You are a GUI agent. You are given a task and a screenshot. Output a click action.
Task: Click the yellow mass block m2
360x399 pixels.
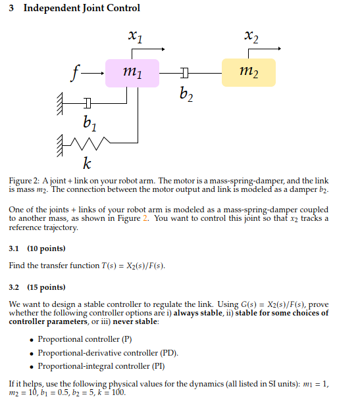tap(248, 72)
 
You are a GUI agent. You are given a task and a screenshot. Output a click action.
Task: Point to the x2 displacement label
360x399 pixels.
tap(251, 37)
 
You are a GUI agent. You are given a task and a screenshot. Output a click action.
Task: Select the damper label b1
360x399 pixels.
tap(90, 122)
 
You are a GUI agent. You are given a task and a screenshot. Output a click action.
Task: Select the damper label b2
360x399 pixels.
tap(186, 97)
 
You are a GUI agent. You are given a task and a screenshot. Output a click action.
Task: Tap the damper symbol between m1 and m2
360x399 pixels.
tap(185, 72)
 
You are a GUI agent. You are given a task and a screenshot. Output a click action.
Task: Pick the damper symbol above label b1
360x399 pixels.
tap(88, 102)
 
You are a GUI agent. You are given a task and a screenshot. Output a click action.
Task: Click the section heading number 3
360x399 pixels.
tap(13, 9)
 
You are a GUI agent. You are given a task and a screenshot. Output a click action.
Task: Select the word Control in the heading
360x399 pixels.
tap(122, 9)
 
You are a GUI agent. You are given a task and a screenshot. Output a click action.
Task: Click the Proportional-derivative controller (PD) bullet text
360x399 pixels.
tap(108, 352)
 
